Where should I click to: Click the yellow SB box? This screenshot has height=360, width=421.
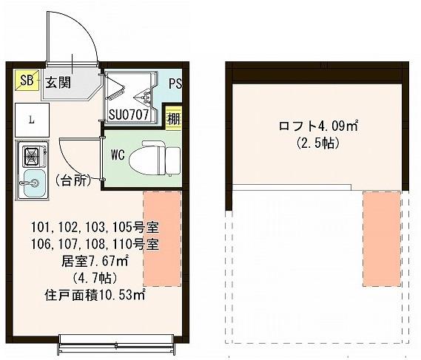tap(27, 80)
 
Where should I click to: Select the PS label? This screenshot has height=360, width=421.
tap(175, 84)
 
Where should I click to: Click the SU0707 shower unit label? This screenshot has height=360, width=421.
tap(130, 115)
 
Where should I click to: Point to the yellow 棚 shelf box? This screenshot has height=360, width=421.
tap(172, 118)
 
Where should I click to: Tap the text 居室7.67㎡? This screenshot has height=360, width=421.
tap(95, 260)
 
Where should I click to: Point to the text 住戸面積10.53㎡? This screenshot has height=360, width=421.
tap(95, 295)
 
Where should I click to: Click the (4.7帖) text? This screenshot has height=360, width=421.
tap(95, 278)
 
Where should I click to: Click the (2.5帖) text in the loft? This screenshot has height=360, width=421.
tap(318, 143)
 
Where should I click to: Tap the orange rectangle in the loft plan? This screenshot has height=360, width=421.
tap(382, 238)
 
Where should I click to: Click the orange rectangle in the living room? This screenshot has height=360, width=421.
tap(162, 238)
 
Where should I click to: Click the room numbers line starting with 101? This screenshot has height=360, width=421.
tap(95, 226)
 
